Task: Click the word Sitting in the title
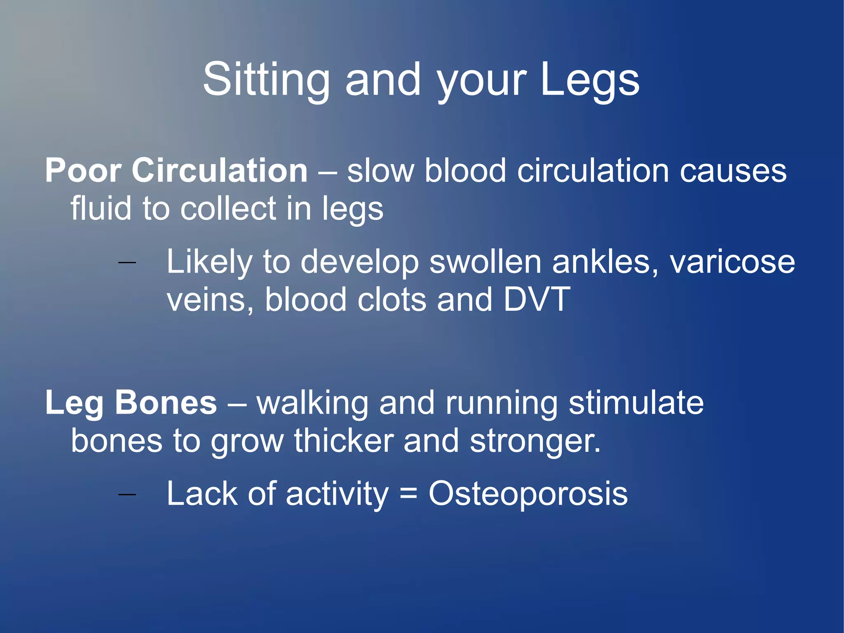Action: (x=266, y=80)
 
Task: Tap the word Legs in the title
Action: (x=590, y=80)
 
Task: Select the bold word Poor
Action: (x=83, y=171)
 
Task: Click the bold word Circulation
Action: (x=219, y=171)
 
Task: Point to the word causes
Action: (x=733, y=172)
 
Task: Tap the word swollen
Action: (x=485, y=262)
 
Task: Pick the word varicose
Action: (x=732, y=262)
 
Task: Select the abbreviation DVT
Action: (x=537, y=299)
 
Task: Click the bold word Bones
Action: (x=166, y=403)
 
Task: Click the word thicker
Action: (x=344, y=441)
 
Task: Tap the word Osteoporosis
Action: (x=528, y=494)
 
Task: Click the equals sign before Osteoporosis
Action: (x=408, y=494)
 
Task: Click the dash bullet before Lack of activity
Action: (x=127, y=494)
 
